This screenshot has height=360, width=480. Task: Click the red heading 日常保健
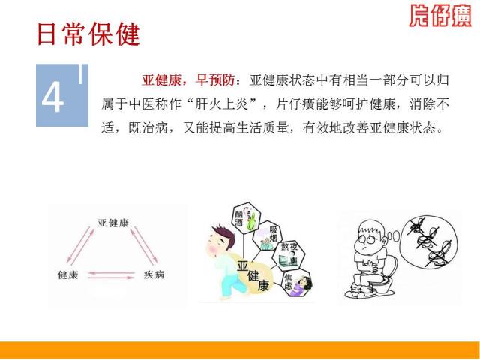point(88,34)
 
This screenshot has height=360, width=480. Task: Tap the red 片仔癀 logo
point(440,15)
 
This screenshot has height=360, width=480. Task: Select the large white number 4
point(53,98)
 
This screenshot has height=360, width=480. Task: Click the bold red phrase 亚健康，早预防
point(188,80)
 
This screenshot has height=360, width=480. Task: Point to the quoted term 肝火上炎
point(222,104)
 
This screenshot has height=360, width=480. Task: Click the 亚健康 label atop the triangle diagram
point(113,223)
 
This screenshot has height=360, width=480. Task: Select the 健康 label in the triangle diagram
point(68,274)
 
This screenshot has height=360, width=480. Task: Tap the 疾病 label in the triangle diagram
point(154,274)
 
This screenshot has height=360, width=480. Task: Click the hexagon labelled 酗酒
point(246,218)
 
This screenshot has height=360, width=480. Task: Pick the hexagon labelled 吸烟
point(267,236)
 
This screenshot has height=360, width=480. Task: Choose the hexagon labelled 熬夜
point(289,255)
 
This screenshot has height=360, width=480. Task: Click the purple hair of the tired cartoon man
point(225,235)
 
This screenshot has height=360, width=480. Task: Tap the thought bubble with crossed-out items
point(428,241)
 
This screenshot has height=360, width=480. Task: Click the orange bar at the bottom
point(240,349)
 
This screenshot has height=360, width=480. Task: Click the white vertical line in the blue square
point(81,73)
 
